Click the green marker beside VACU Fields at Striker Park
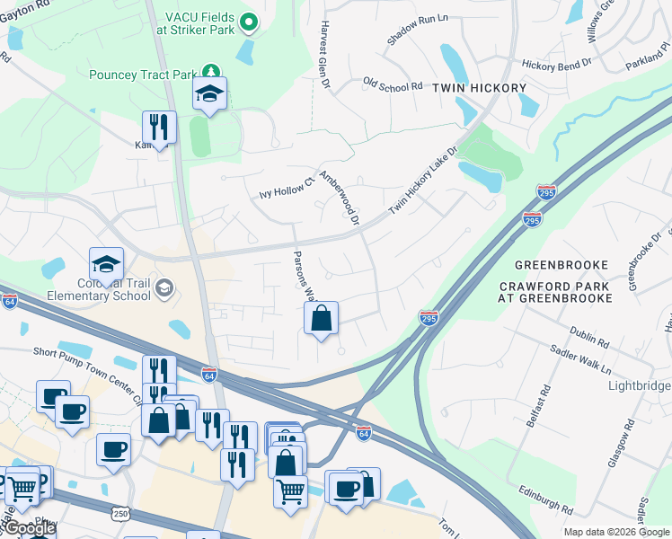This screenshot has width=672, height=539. pyautogui.click(x=250, y=22)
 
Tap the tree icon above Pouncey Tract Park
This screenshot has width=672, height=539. pyautogui.click(x=209, y=71)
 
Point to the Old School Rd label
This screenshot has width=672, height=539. pyautogui.click(x=393, y=85)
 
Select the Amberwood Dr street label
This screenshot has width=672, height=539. pyautogui.click(x=340, y=199)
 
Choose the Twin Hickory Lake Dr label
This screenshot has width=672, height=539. pyautogui.click(x=423, y=181)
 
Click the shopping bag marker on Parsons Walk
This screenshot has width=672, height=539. pyautogui.click(x=321, y=318)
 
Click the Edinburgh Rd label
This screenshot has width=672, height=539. pyautogui.click(x=545, y=499)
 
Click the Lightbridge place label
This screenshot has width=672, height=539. pyautogui.click(x=639, y=385)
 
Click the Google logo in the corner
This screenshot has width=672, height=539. pyautogui.click(x=30, y=528)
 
